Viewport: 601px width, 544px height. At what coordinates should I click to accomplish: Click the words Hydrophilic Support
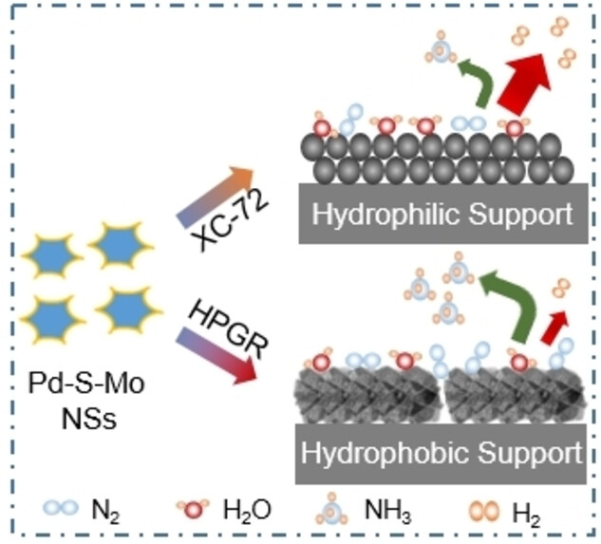click(x=436, y=216)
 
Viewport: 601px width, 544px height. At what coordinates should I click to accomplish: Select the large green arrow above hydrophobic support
click(x=504, y=298)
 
